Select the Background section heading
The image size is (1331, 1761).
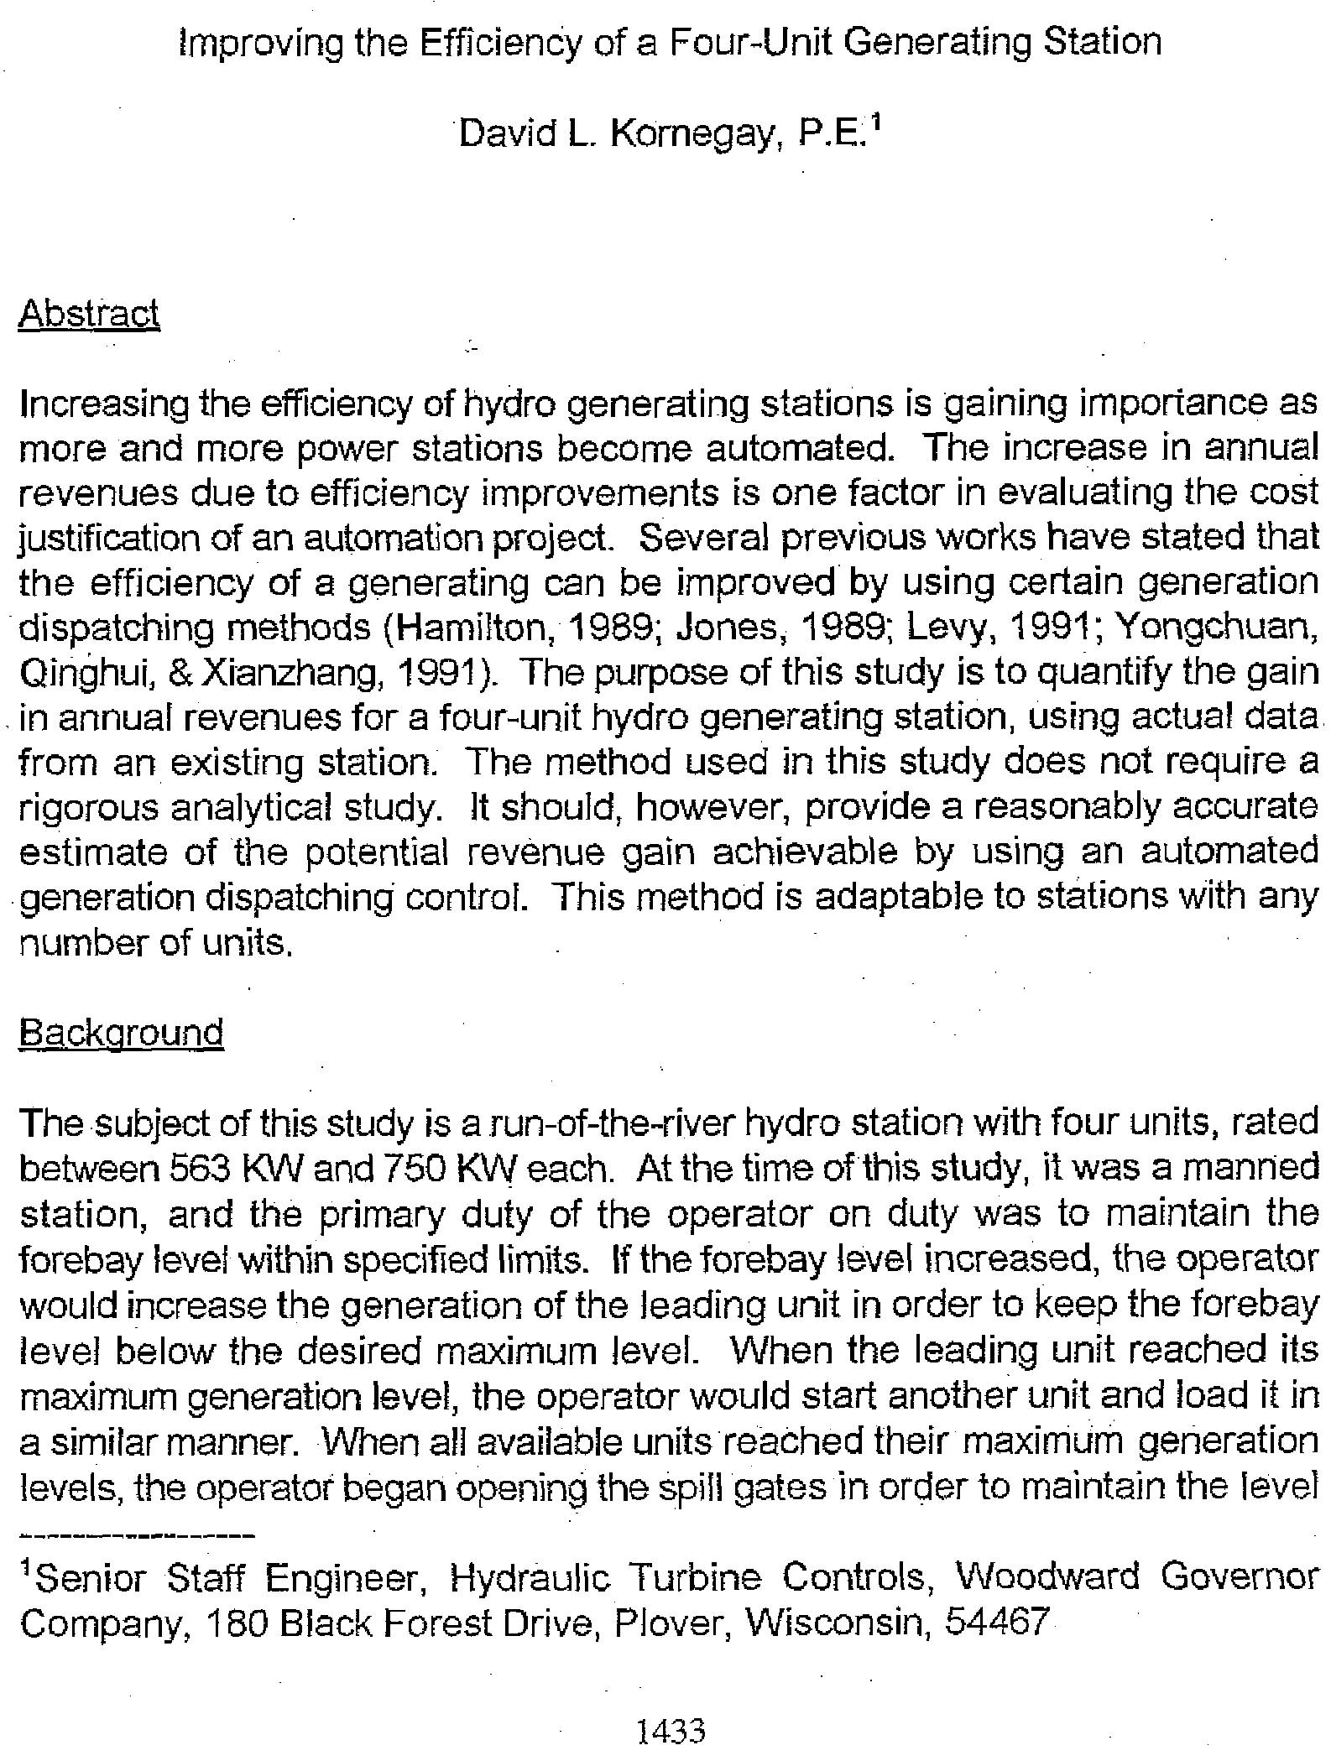click(121, 1032)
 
